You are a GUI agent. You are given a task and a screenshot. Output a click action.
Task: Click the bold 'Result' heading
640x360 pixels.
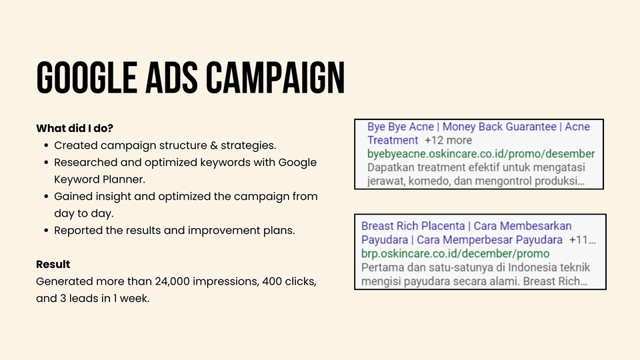(53, 264)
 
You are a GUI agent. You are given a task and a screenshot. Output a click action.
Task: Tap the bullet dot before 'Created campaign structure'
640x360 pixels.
(45, 145)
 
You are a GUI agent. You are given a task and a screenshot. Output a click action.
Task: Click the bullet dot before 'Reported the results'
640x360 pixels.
(45, 231)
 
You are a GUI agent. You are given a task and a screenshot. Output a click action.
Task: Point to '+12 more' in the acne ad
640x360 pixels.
(447, 140)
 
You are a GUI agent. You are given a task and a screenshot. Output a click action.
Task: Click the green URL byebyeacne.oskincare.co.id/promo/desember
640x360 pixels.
(481, 154)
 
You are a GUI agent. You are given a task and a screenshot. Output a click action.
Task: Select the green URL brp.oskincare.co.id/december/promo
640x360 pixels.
(455, 253)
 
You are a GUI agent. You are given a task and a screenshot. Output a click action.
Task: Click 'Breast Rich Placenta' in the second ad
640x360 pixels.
(413, 226)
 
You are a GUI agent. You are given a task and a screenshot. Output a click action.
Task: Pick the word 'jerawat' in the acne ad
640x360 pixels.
(388, 181)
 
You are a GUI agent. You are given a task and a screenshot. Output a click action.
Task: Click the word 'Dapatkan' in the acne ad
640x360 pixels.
(393, 167)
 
